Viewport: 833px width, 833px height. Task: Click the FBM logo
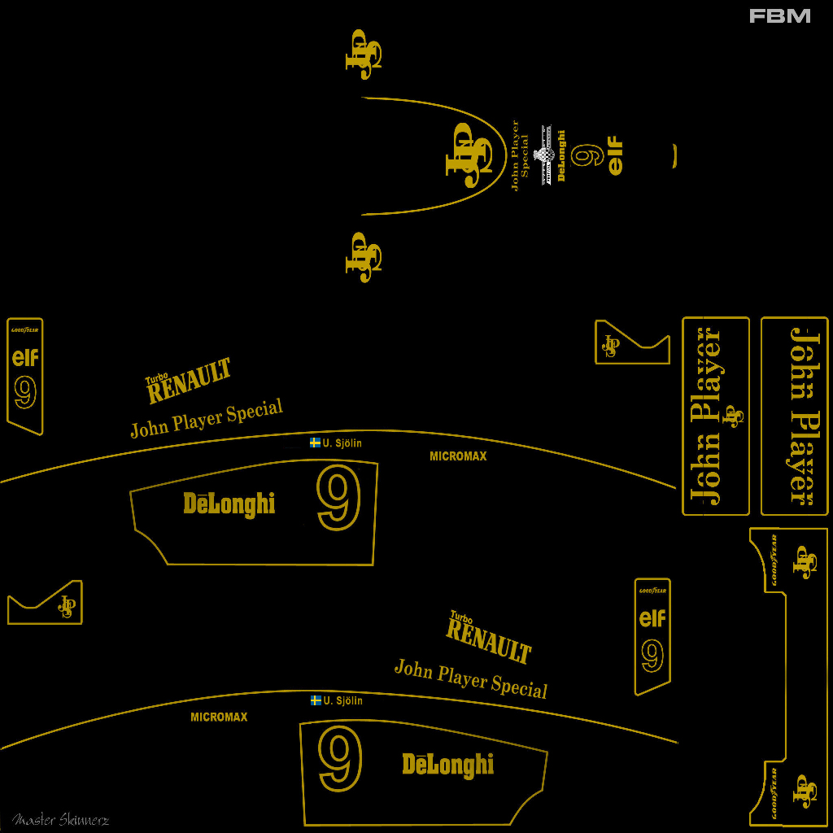pyautogui.click(x=779, y=15)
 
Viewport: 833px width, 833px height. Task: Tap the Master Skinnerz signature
pyautogui.click(x=60, y=819)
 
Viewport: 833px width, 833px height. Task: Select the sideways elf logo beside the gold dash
pyautogui.click(x=616, y=156)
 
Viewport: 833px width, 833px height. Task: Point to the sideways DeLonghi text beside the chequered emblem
pyautogui.click(x=560, y=155)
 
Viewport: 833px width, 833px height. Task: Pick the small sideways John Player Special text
pyautogui.click(x=520, y=155)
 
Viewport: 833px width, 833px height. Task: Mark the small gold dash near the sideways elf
pyautogui.click(x=674, y=156)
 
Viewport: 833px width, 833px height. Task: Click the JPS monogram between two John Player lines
pyautogui.click(x=735, y=416)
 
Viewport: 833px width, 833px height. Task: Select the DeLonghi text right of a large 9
pyautogui.click(x=448, y=765)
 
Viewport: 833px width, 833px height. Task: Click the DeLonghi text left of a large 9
pyautogui.click(x=229, y=504)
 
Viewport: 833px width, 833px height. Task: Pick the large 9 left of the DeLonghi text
pyautogui.click(x=340, y=760)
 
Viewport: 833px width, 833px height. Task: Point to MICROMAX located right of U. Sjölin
pyautogui.click(x=458, y=456)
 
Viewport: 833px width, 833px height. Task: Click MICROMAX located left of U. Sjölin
pyautogui.click(x=219, y=717)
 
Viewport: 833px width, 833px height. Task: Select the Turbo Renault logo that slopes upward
pyautogui.click(x=189, y=381)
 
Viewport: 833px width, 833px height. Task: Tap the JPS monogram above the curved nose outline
pyautogui.click(x=364, y=54)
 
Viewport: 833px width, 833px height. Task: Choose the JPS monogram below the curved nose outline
pyautogui.click(x=364, y=257)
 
